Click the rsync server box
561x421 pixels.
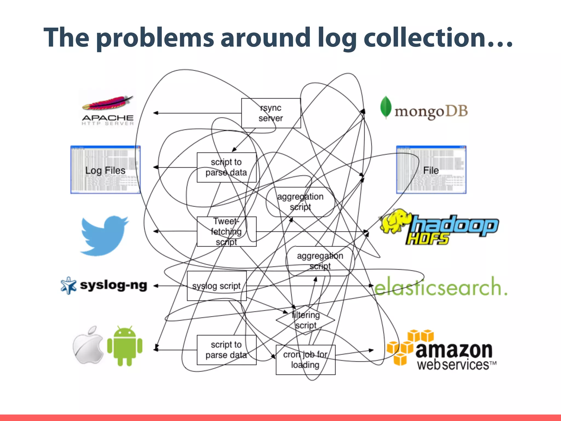click(271, 113)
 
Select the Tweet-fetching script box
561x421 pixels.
click(227, 231)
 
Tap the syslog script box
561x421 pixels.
click(216, 286)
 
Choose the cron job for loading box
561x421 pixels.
click(305, 360)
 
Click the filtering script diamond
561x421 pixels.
click(305, 320)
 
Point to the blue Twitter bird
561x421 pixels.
click(104, 235)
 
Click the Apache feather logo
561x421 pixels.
click(108, 104)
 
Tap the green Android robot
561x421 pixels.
click(125, 346)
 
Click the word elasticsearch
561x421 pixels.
click(440, 287)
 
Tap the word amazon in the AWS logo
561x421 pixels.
click(454, 350)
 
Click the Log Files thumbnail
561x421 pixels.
click(105, 170)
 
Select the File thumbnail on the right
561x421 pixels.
click(431, 170)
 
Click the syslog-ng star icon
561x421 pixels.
click(68, 285)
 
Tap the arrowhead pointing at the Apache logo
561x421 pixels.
click(156, 113)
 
